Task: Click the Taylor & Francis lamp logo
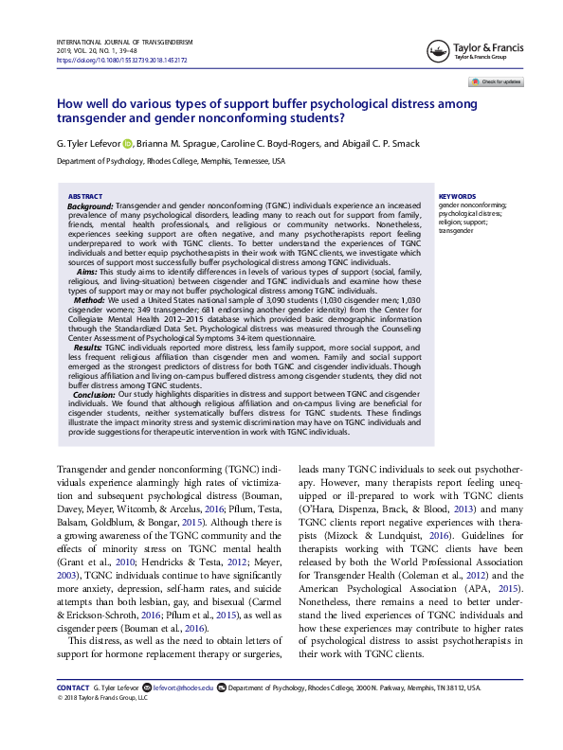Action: click(438, 48)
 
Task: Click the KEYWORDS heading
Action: click(456, 196)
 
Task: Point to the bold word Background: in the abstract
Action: click(91, 205)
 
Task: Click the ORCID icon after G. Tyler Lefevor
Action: click(128, 143)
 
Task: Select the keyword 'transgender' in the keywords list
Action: click(455, 230)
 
